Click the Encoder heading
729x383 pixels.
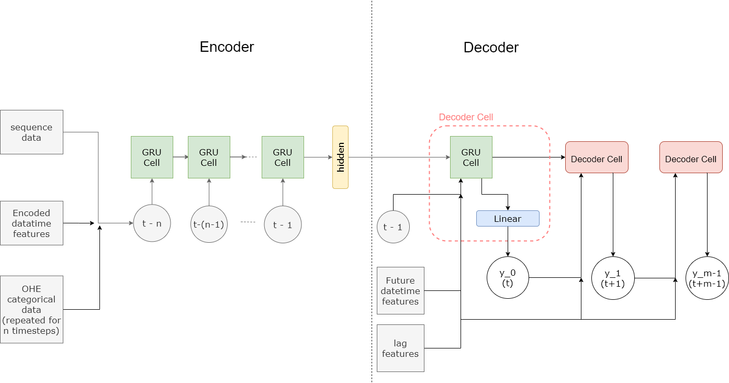click(227, 47)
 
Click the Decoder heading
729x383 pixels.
click(491, 47)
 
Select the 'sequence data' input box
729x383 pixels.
click(31, 132)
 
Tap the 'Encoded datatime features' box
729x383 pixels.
click(31, 223)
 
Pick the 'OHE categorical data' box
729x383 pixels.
click(31, 309)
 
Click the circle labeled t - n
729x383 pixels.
click(152, 223)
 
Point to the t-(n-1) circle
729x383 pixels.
click(209, 224)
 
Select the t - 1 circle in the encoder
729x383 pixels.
click(283, 224)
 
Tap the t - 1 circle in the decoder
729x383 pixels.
click(393, 227)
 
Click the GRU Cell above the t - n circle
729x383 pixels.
click(152, 157)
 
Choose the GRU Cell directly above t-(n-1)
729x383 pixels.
click(209, 157)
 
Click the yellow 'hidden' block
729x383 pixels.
click(340, 157)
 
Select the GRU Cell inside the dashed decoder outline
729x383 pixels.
click(471, 157)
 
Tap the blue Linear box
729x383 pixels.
click(508, 218)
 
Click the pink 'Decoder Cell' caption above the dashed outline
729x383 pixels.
click(466, 117)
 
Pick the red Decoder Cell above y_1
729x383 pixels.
click(597, 157)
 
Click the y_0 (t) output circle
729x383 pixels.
click(508, 278)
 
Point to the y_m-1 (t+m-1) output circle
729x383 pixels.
click(707, 278)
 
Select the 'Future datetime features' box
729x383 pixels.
click(400, 290)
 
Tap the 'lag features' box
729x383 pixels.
click(400, 348)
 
